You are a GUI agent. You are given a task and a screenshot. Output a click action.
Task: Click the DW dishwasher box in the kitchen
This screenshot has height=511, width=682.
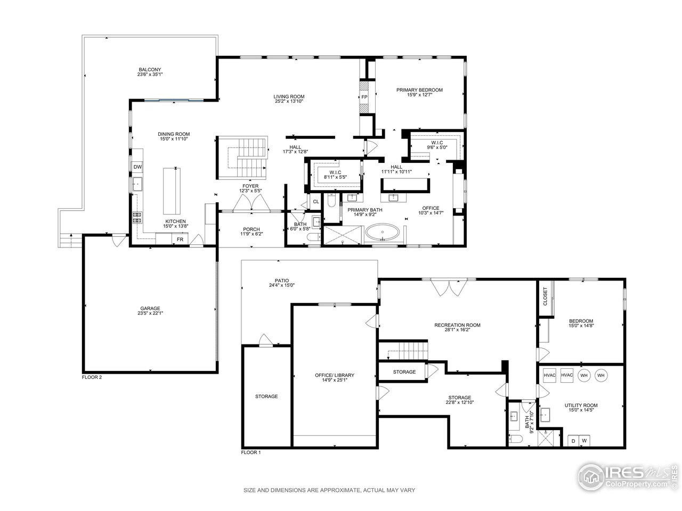[137, 167]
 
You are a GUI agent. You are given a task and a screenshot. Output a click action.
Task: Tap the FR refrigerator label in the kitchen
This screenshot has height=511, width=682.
[180, 240]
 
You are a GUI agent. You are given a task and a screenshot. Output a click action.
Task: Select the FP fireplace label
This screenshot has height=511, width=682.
[364, 97]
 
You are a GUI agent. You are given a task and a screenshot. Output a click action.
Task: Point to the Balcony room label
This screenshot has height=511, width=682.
[150, 70]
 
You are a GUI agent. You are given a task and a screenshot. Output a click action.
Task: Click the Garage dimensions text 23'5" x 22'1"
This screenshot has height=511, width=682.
[150, 314]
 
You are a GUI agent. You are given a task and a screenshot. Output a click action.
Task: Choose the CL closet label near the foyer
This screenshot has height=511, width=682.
[315, 202]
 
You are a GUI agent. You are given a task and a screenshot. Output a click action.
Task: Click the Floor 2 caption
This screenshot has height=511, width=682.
[92, 377]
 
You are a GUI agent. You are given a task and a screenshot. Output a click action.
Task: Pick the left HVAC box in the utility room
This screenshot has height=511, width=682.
[549, 375]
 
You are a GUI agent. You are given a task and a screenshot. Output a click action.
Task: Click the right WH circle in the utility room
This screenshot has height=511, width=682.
[601, 375]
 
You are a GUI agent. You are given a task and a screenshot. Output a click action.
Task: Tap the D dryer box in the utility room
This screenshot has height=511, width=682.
[573, 441]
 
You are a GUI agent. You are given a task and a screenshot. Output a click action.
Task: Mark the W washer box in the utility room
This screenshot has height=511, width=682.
[584, 441]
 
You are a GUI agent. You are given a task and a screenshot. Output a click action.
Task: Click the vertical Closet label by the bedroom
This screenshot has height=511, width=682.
[545, 297]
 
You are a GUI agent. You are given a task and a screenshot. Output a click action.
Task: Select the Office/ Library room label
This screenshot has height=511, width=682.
[334, 375]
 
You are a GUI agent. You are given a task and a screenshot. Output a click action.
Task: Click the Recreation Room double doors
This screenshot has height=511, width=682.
[446, 287]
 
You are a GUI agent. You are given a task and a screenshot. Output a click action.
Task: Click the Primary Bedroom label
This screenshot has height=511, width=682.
[419, 90]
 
